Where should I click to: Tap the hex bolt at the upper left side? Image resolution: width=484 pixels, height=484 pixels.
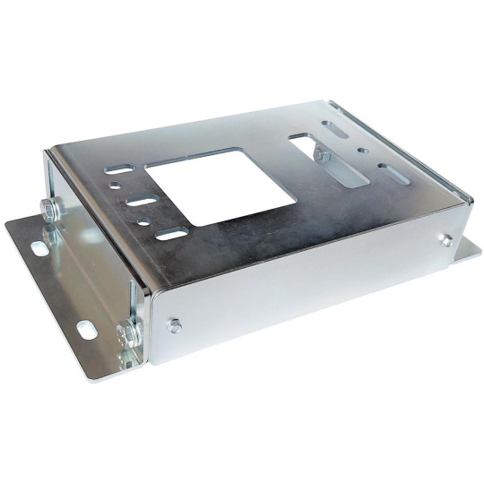click(50, 212)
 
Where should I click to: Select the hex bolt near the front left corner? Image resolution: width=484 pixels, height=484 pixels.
click(128, 334)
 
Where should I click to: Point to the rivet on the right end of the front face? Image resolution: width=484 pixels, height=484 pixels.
click(445, 239)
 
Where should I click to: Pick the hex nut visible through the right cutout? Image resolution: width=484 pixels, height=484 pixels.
click(321, 156)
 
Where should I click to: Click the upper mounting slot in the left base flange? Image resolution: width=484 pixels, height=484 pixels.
click(39, 246)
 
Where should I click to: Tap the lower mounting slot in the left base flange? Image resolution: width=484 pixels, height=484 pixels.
click(86, 330)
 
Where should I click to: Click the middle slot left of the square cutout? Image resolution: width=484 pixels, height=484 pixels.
click(142, 201)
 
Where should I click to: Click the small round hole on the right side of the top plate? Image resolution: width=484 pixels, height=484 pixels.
click(360, 151)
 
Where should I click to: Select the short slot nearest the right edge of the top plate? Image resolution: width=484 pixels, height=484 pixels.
click(391, 169)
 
